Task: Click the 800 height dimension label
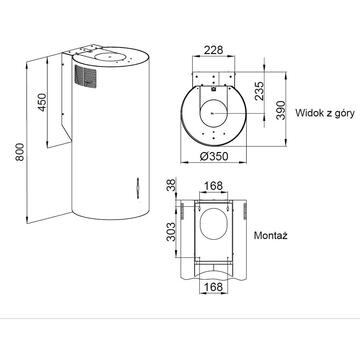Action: click(x=20, y=152)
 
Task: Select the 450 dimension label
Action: click(x=42, y=102)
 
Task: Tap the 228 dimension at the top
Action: click(x=213, y=50)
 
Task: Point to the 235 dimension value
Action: click(x=259, y=91)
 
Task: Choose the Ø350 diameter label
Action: click(x=214, y=156)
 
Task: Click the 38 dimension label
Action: click(x=170, y=185)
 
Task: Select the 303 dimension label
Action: click(x=170, y=232)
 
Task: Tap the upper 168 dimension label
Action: click(x=213, y=186)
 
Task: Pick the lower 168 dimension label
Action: click(x=213, y=286)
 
